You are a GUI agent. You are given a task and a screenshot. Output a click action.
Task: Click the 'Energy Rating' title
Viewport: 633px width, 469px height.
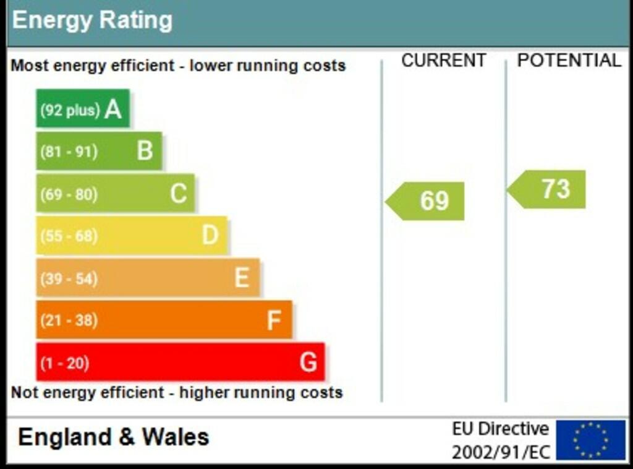pos(92,21)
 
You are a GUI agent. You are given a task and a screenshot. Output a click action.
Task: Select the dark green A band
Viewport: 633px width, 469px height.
pos(83,109)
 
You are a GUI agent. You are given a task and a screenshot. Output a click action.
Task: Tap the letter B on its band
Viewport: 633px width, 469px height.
pos(145,150)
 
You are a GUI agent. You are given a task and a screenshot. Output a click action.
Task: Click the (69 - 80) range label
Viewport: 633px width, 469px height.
pos(69,194)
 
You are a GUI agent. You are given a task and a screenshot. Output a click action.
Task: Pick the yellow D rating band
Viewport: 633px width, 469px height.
pos(132,235)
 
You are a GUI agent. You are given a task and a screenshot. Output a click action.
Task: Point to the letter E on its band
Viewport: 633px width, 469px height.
pos(242,278)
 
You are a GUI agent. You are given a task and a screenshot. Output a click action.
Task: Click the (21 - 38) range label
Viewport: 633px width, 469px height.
pos(69,321)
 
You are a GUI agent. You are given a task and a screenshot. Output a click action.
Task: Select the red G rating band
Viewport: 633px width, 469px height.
pos(180,362)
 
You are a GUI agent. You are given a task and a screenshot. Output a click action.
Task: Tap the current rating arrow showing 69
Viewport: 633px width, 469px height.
pos(426,201)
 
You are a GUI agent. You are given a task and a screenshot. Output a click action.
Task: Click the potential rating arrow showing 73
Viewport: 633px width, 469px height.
pos(548,189)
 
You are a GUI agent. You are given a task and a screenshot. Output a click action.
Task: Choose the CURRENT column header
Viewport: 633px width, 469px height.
pos(443,61)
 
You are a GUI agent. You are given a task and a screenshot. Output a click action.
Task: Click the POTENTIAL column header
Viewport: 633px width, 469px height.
pos(569,61)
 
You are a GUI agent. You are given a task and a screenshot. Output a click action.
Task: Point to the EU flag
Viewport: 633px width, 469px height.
pos(590,440)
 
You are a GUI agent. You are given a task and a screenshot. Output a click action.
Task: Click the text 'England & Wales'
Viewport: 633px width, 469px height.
pos(114,437)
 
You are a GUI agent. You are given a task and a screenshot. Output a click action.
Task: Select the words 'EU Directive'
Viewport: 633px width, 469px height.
pos(500,429)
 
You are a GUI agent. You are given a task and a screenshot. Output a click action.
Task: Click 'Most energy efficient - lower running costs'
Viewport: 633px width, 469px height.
pos(178,66)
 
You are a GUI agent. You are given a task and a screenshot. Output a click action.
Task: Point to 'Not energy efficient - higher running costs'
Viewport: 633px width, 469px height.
pos(177,392)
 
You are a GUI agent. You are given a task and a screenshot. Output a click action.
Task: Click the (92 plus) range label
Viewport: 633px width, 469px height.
pos(70,110)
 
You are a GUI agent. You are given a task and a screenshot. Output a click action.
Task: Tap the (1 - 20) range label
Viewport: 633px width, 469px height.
pos(65,363)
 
